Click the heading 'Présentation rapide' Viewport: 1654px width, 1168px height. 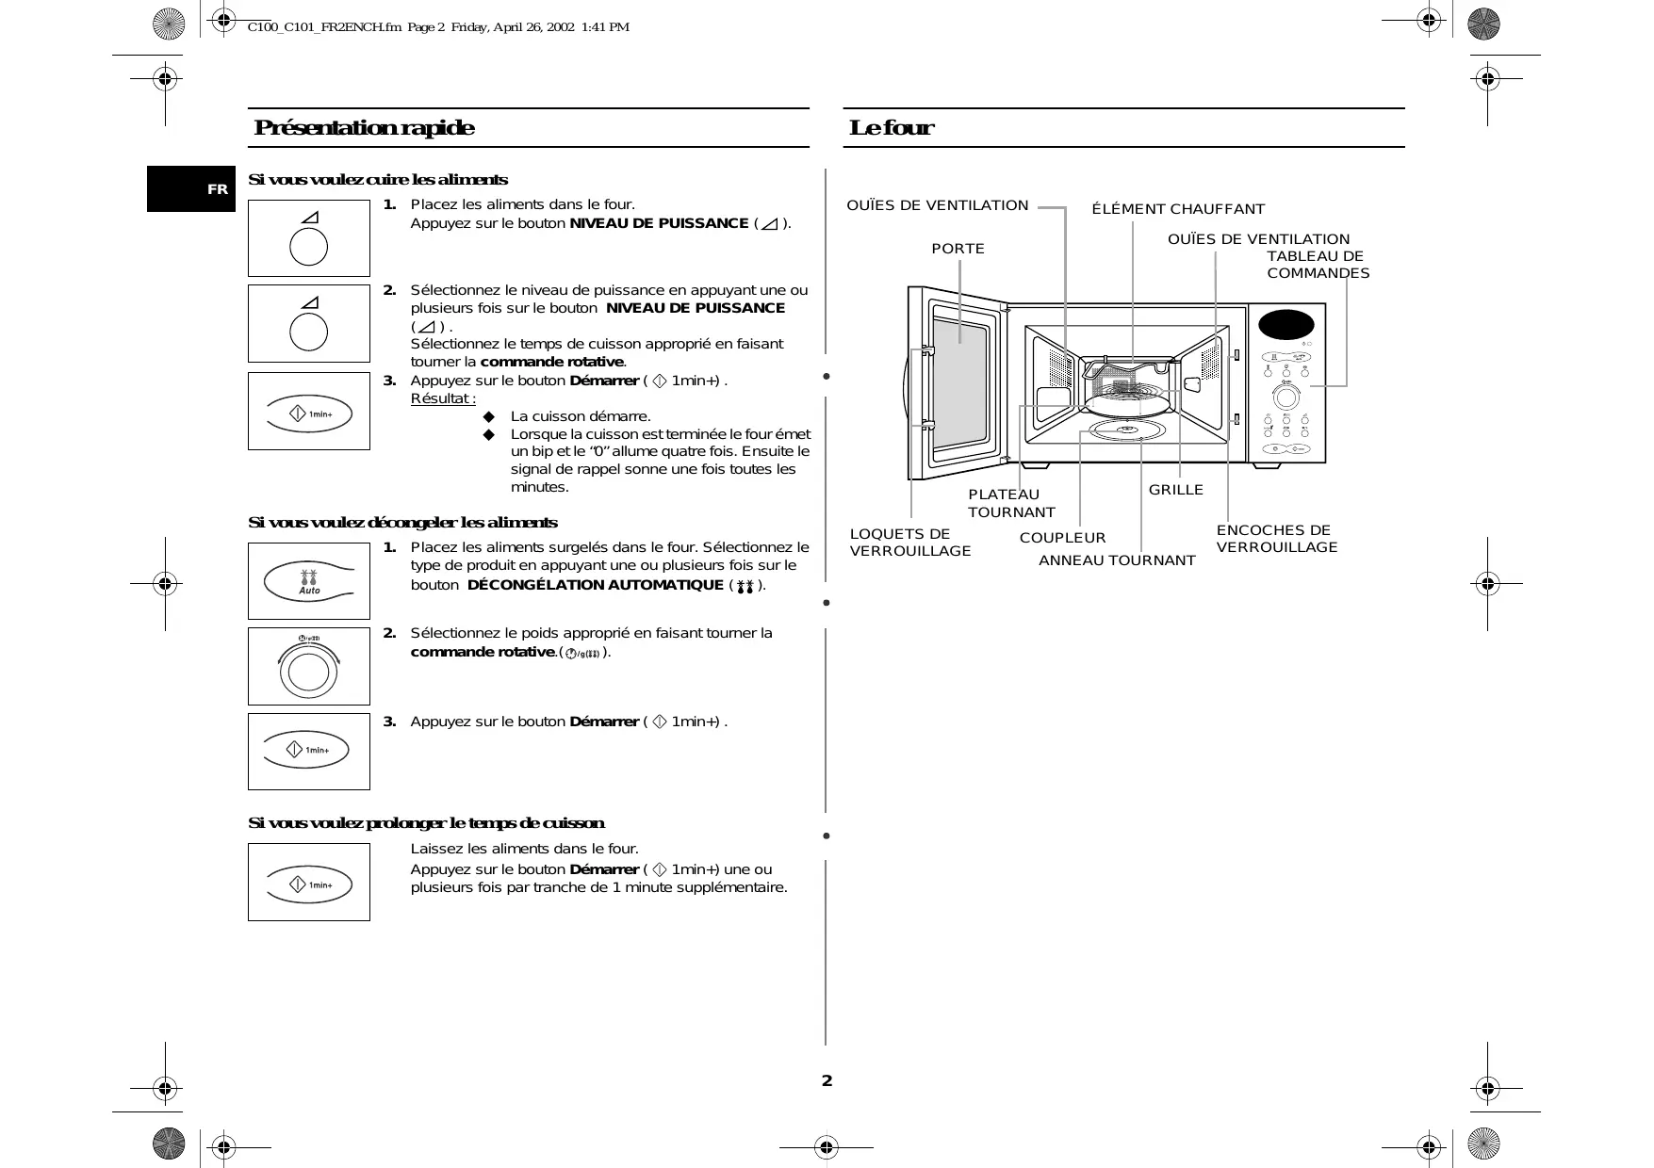pos(364,128)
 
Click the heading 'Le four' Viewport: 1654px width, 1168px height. pos(891,128)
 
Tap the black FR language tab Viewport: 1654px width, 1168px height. pos(191,189)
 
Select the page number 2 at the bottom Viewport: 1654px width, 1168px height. pos(827,1080)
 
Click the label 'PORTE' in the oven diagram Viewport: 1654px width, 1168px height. pos(958,249)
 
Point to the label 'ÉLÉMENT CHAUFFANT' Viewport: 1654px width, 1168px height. pos(1178,209)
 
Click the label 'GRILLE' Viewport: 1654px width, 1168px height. pos(1175,490)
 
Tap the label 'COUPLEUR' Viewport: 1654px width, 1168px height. pos(1062,538)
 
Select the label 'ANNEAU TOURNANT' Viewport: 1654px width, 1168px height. pos(1117,560)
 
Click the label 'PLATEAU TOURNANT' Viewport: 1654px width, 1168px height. pos(1010,503)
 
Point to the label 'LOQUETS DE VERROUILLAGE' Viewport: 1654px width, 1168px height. pos(909,543)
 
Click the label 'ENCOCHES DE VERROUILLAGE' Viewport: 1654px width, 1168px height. pos(1276,539)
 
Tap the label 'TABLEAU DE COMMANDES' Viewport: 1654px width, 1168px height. pos(1317,265)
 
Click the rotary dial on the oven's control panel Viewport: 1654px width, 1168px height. pos(1286,395)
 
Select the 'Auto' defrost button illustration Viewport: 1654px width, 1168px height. pos(309,581)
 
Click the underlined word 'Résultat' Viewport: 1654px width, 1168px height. pos(443,398)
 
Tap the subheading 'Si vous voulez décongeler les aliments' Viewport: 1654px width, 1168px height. pos(402,523)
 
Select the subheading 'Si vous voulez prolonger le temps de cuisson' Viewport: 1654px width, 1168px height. pos(426,823)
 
